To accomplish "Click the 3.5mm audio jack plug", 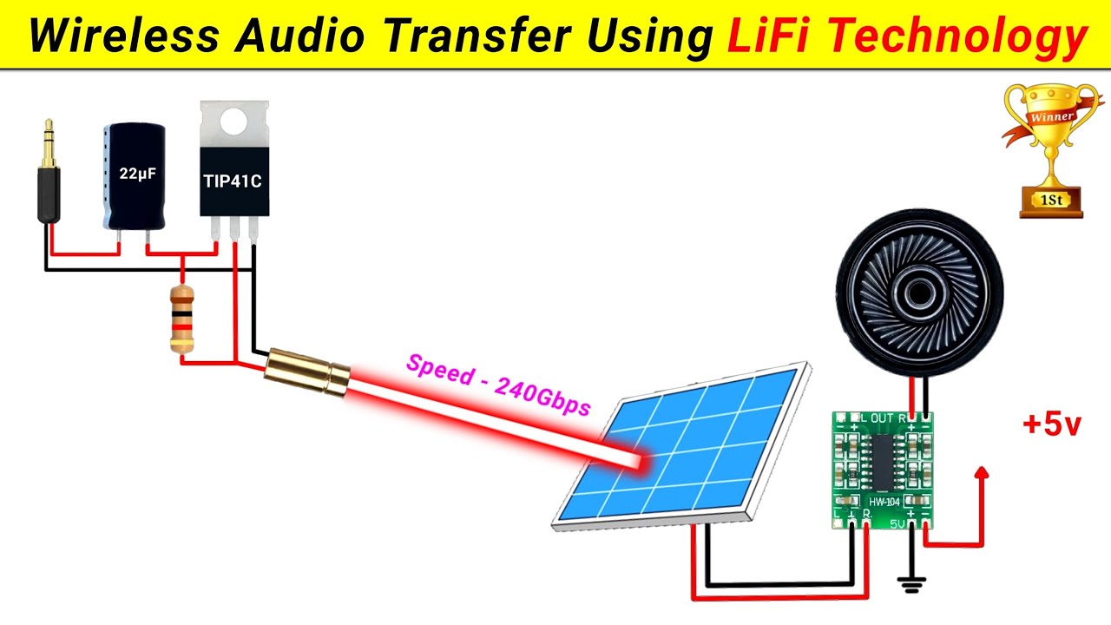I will click(49, 178).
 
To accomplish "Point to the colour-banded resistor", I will click(181, 319).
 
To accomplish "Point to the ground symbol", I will click(910, 585).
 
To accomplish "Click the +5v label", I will click(1051, 425).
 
